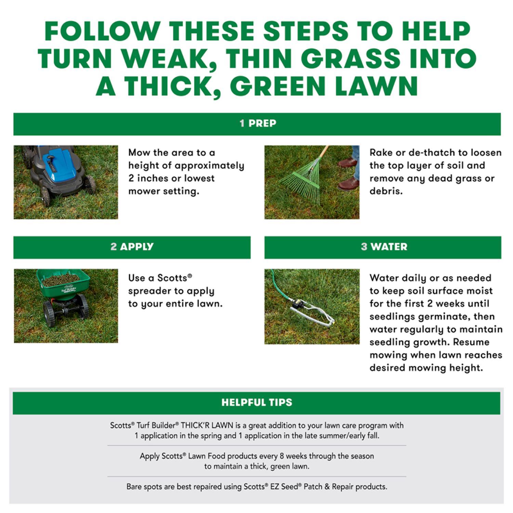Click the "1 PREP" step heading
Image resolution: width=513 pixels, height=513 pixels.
pos(258,123)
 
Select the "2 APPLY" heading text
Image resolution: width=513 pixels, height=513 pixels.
pos(132,247)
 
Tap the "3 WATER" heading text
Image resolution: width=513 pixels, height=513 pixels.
pos(384,247)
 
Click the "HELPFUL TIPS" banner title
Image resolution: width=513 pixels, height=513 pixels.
pos(257,402)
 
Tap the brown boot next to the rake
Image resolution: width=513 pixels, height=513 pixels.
pos(348,184)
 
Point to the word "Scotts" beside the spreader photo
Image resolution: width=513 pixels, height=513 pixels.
pos(173,278)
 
